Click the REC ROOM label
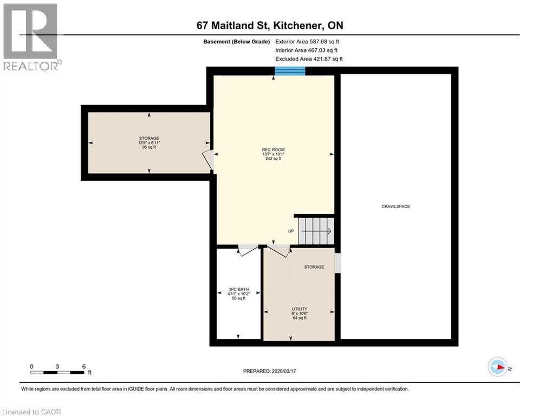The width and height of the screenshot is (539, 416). pos(274,149)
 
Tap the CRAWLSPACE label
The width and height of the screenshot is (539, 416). pos(395,206)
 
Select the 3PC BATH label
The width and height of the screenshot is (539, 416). pos(238,289)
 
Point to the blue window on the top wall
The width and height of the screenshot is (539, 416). pos(290,71)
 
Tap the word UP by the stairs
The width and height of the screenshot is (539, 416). pos(291,231)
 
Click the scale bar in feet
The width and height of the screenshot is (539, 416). pos(58,372)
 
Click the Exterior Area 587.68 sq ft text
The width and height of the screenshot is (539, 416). pos(307,41)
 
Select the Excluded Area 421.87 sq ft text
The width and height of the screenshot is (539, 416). pos(309,59)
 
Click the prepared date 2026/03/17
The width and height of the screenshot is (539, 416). pos(269,371)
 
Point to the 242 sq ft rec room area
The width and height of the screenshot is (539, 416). pos(274,159)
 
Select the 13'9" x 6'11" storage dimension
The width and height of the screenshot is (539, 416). pos(149,142)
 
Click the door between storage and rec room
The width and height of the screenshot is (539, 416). pos(209,160)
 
